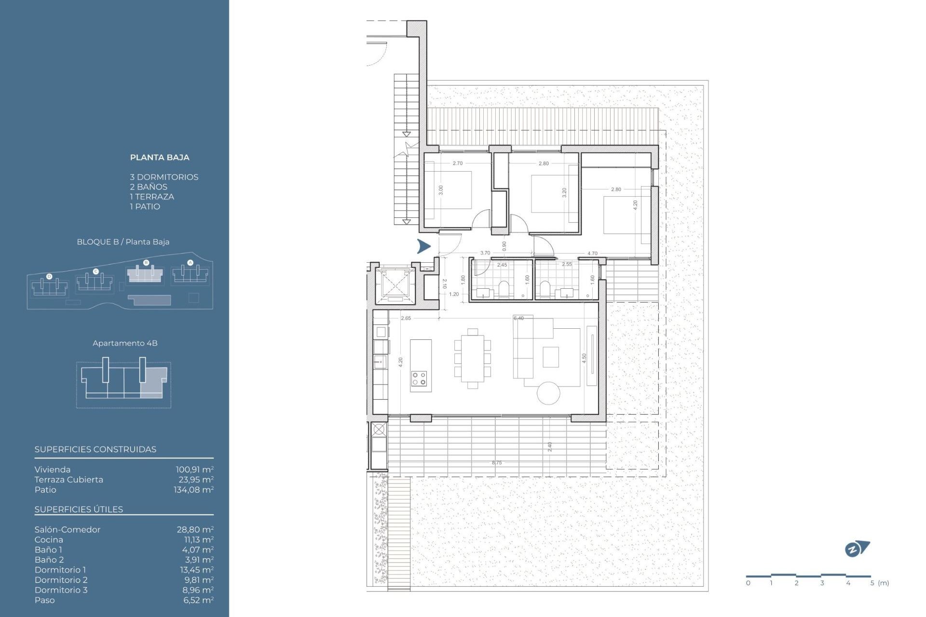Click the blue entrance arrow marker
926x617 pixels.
pos(423,246)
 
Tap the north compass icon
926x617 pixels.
pos(856,549)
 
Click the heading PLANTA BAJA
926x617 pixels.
pos(160,158)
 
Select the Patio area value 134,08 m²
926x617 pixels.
pos(193,490)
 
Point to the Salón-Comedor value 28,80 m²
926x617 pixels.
pos(195,529)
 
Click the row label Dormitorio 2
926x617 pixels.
pos(61,580)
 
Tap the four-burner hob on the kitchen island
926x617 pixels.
pos(419,378)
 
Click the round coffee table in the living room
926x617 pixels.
pos(548,393)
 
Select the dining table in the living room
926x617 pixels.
pos(473,358)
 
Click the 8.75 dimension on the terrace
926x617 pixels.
pos(497,463)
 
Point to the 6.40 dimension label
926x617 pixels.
pos(518,318)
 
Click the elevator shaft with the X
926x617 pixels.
pos(395,285)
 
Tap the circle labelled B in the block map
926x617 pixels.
pos(146,263)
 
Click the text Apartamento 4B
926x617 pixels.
pos(125,343)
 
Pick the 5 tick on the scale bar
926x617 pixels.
pos(872,583)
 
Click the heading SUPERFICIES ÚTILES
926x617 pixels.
pos(79,510)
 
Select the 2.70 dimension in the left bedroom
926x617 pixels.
pos(457,163)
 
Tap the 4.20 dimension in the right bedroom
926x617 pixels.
pos(635,205)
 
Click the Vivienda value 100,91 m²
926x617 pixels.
pos(194,469)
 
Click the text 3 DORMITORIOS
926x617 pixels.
pos(164,177)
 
